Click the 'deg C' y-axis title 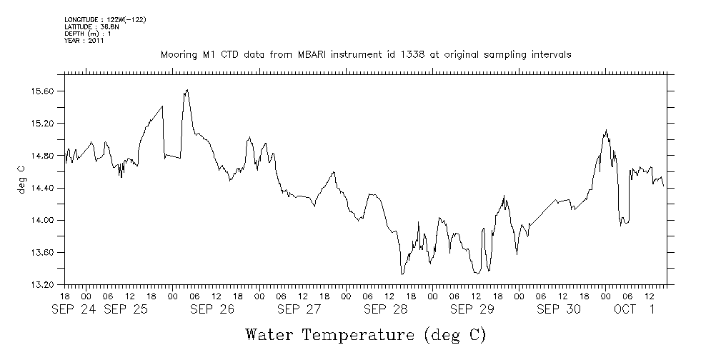[x=21, y=179]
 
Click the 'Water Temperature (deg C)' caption [x=365, y=334]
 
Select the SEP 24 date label [x=74, y=309]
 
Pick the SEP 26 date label [x=212, y=309]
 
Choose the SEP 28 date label [x=386, y=309]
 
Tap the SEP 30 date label [x=559, y=309]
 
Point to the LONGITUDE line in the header [x=105, y=19]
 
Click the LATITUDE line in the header [x=91, y=26]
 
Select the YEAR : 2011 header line [x=84, y=41]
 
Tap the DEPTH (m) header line [x=88, y=34]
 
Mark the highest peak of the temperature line [x=187, y=90]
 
